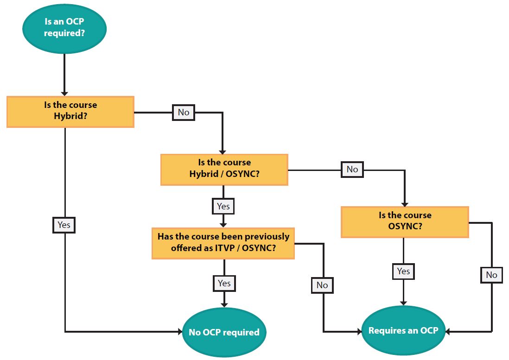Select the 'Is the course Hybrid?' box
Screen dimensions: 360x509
[70, 111]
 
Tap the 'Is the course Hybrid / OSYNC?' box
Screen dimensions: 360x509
[224, 170]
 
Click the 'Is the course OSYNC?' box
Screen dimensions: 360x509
[405, 221]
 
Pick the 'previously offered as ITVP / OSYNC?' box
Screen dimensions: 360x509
[223, 242]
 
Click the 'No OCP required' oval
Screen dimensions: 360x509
[224, 332]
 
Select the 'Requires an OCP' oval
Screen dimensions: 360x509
[403, 331]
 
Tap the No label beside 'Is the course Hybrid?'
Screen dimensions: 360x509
[184, 112]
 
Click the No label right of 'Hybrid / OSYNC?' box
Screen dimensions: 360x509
[352, 169]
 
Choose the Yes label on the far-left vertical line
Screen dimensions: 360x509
[64, 225]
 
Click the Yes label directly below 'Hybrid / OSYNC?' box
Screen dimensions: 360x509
[223, 206]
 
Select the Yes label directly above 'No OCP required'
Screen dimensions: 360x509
[224, 283]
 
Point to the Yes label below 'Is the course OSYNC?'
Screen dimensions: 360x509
[403, 271]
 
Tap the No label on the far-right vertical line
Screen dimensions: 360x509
[491, 275]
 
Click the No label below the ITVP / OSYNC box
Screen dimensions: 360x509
[322, 285]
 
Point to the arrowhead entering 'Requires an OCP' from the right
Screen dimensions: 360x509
[449, 331]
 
